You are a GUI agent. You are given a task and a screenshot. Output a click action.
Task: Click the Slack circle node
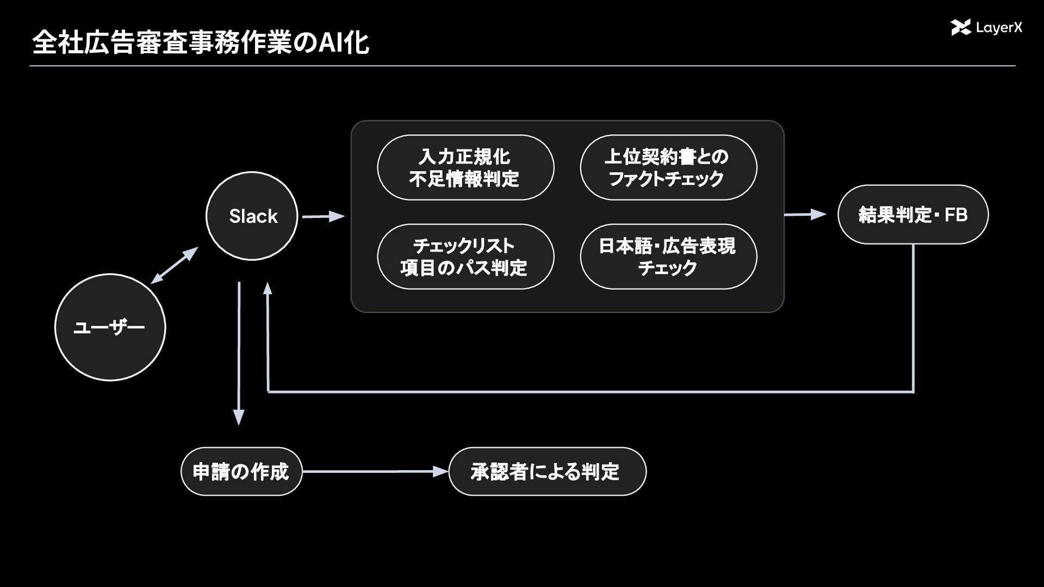pyautogui.click(x=252, y=216)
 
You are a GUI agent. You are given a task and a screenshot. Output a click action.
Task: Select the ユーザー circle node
pyautogui.click(x=110, y=327)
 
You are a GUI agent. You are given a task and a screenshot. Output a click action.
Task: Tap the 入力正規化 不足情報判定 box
pyautogui.click(x=465, y=167)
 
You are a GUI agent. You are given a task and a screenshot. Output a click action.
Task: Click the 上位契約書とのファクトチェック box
pyautogui.click(x=668, y=167)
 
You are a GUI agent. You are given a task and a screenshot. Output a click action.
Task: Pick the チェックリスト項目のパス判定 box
pyautogui.click(x=465, y=257)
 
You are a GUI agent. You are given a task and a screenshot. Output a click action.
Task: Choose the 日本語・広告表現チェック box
pyautogui.click(x=668, y=257)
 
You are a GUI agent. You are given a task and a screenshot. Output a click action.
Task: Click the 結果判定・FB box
pyautogui.click(x=913, y=215)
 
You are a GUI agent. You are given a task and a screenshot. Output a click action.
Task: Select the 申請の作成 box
pyautogui.click(x=241, y=471)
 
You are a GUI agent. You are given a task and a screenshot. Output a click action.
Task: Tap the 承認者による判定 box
pyautogui.click(x=548, y=471)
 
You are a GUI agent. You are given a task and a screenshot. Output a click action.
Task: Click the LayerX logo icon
pyautogui.click(x=961, y=27)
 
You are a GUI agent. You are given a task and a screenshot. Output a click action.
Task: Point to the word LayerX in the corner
pyautogui.click(x=999, y=28)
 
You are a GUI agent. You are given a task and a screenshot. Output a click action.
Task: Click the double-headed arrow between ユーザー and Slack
pyautogui.click(x=175, y=265)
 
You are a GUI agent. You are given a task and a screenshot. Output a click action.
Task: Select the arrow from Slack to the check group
pyautogui.click(x=324, y=216)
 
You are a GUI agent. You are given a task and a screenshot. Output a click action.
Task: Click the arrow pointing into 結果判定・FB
pyautogui.click(x=805, y=215)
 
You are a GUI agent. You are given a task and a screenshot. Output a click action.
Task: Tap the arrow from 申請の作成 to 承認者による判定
pyautogui.click(x=376, y=471)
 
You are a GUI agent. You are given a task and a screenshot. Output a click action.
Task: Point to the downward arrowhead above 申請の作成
pyautogui.click(x=239, y=417)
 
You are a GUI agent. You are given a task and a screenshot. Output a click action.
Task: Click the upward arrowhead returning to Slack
pyautogui.click(x=268, y=290)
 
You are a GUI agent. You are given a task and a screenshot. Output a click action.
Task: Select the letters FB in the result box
pyautogui.click(x=956, y=215)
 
